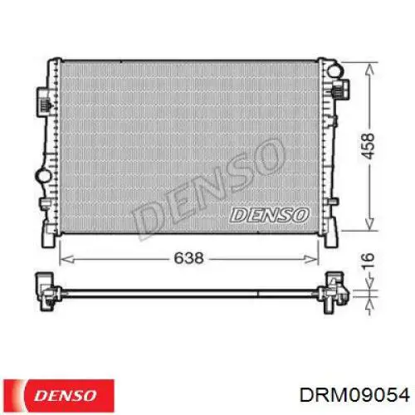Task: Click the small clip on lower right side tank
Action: coord(336,199)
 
